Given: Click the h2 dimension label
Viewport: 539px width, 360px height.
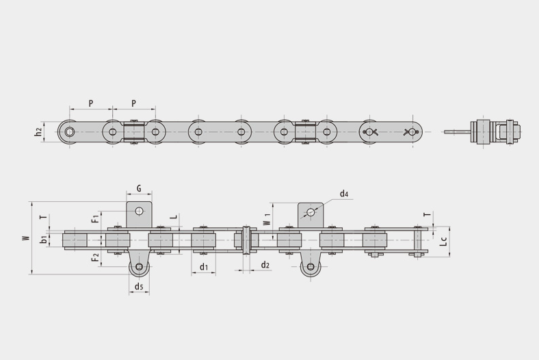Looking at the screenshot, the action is [x=38, y=131].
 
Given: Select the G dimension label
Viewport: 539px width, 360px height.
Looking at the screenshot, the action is [x=139, y=188].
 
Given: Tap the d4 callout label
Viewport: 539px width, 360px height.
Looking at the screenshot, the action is [x=344, y=194].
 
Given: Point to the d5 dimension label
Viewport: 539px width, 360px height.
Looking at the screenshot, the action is [x=139, y=286].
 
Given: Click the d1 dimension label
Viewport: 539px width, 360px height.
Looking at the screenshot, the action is [x=204, y=266].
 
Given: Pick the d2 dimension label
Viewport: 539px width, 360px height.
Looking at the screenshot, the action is [x=265, y=265].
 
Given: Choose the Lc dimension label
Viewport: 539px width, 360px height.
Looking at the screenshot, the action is [x=444, y=242].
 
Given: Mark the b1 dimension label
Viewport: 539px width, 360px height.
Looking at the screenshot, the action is [x=44, y=240].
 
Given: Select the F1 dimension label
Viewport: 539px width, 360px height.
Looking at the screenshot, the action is [x=96, y=218].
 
